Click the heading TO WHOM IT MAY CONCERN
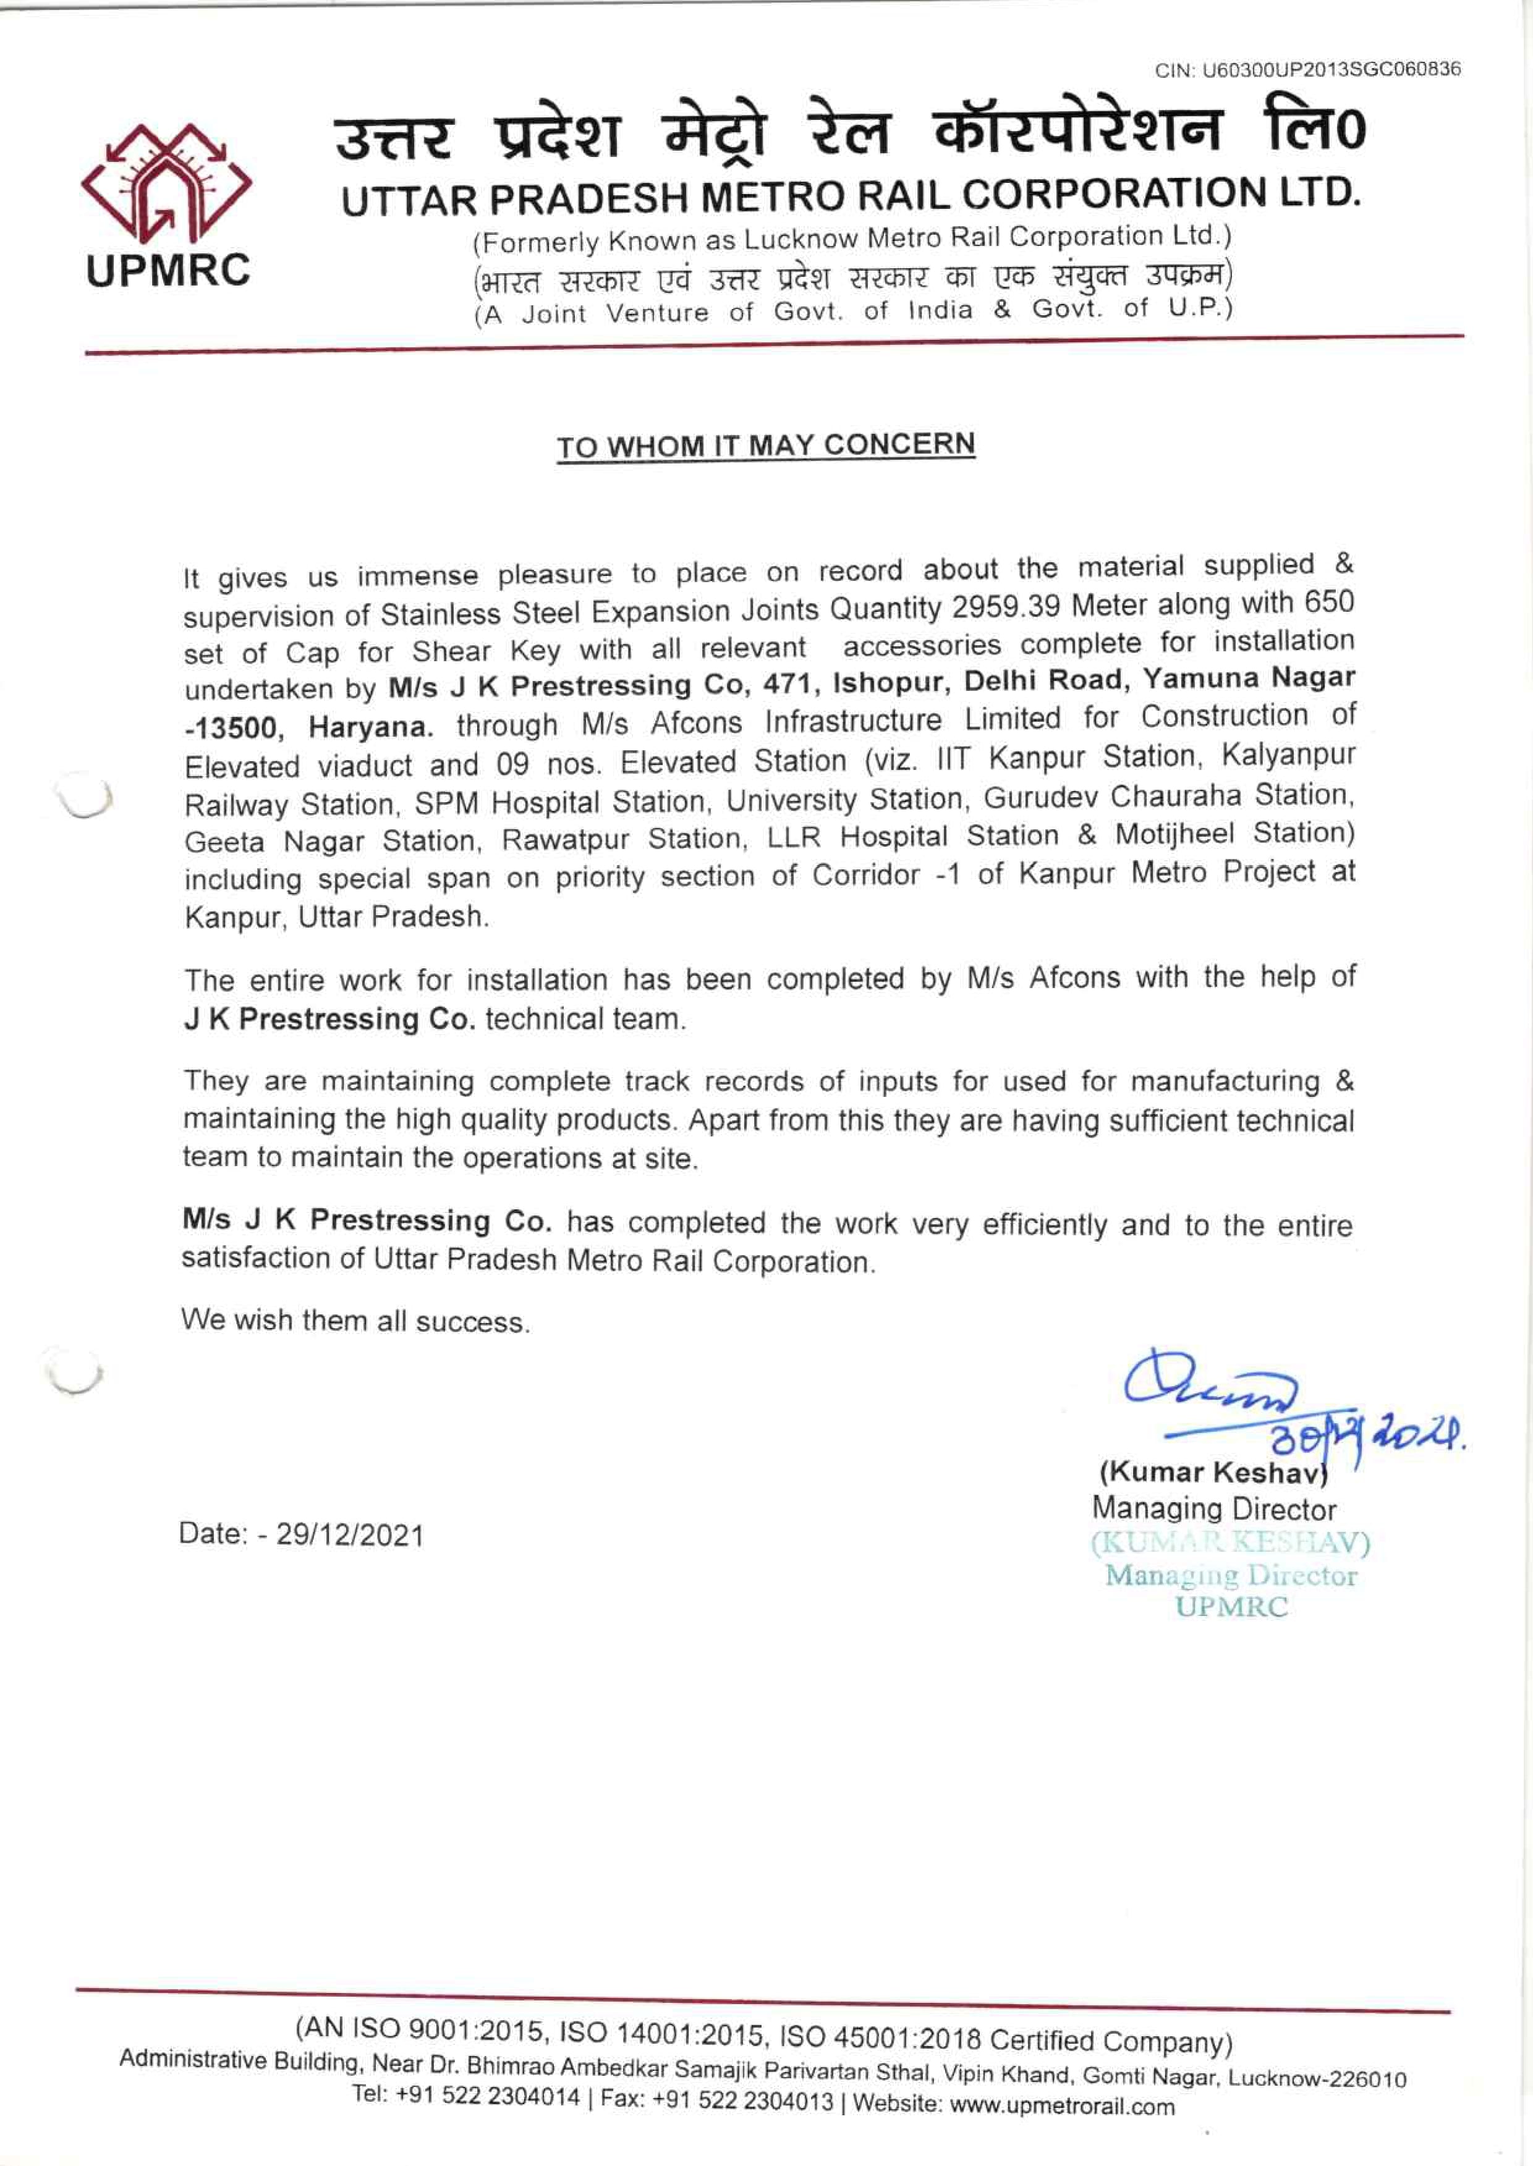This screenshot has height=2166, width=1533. coord(765,446)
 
